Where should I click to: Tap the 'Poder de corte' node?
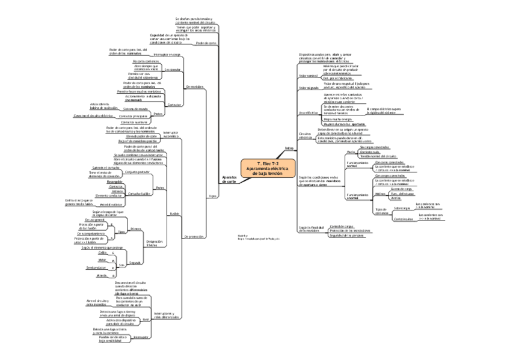tap(206, 43)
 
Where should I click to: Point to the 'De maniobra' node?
tap(196, 86)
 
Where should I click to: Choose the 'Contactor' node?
tap(174, 104)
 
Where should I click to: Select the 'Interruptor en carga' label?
tap(167, 54)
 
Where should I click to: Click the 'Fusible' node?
tap(174, 213)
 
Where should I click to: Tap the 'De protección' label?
tap(195, 237)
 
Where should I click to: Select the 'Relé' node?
tap(145, 319)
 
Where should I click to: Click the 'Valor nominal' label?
tap(307, 76)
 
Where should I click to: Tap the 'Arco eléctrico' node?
tap(307, 112)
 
